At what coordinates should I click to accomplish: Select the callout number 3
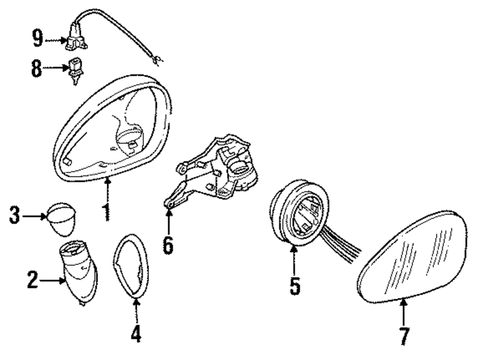15,217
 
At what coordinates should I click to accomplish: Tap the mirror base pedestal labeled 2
78,273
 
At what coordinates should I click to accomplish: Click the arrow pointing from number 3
35,217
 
